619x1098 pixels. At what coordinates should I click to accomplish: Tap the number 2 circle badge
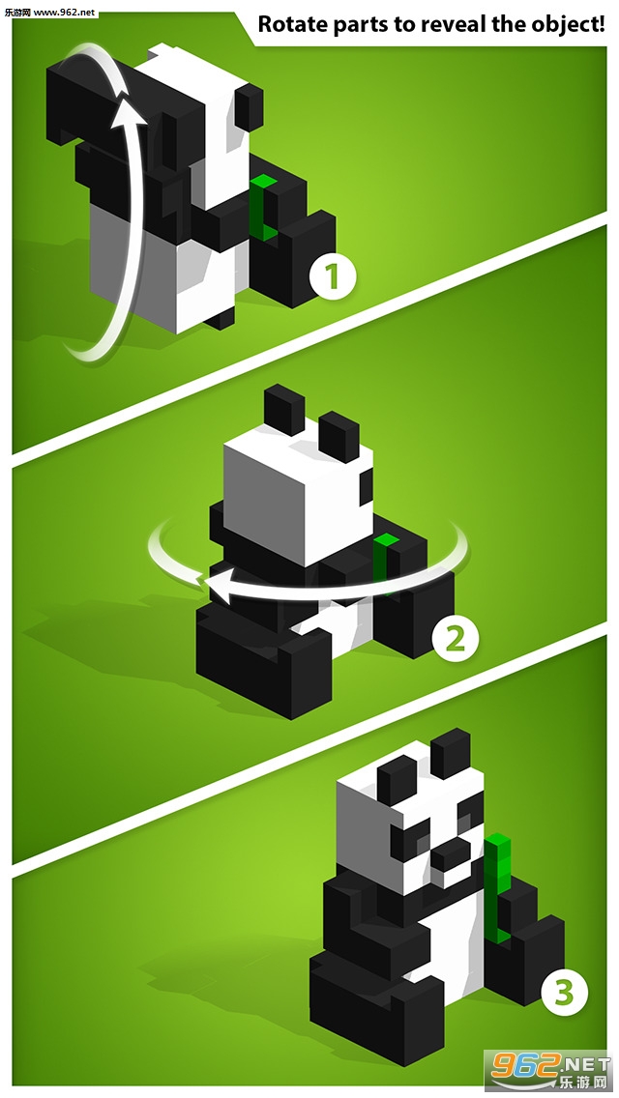click(x=455, y=639)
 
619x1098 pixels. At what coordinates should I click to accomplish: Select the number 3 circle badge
click(x=564, y=993)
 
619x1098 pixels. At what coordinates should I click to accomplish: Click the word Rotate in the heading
click(x=293, y=24)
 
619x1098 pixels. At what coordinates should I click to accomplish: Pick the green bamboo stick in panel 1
click(x=262, y=207)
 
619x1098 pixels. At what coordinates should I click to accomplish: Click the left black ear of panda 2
click(x=284, y=408)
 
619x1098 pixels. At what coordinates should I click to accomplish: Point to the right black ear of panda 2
click(x=339, y=436)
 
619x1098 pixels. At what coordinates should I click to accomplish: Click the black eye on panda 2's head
click(x=366, y=487)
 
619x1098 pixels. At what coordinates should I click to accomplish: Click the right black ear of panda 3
click(x=450, y=754)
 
